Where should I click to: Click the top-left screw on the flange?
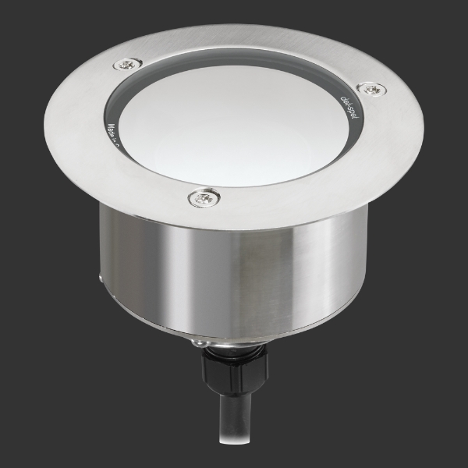pos(128,65)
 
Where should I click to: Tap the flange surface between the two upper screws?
pos(250,47)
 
